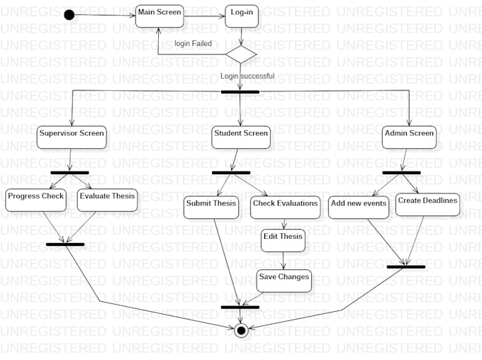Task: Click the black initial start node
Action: point(69,15)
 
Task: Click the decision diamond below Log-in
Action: point(241,54)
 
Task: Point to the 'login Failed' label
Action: point(193,44)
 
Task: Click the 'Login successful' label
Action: point(247,76)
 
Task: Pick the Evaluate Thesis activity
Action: point(107,199)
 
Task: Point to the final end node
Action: point(241,330)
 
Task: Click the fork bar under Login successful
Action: point(240,91)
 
